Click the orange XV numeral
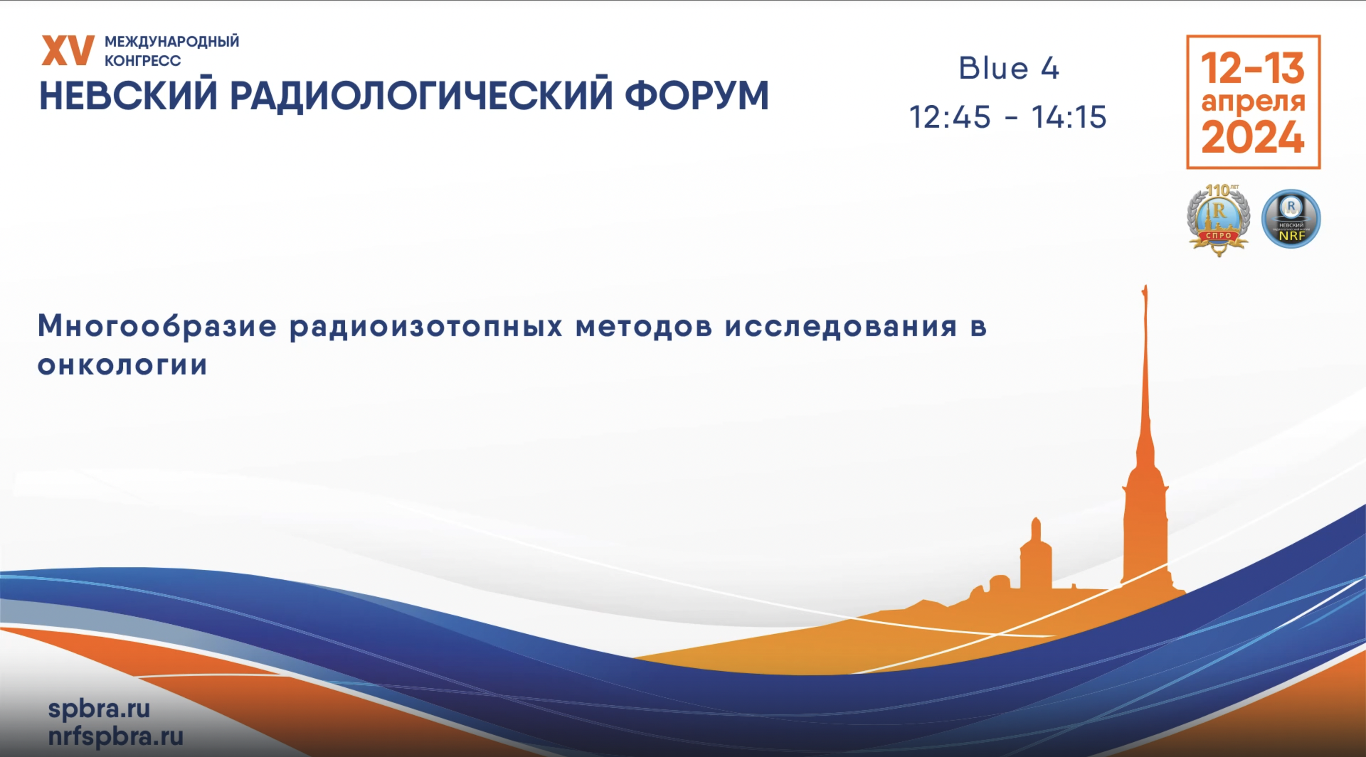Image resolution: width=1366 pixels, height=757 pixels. [x=68, y=51]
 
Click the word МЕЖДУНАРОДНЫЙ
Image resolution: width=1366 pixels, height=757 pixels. [x=172, y=41]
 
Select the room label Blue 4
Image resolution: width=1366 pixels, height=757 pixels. [x=1008, y=68]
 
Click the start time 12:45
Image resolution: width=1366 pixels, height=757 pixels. [x=950, y=117]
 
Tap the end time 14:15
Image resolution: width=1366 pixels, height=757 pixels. [x=1069, y=117]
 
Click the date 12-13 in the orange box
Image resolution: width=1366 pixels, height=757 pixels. [x=1253, y=68]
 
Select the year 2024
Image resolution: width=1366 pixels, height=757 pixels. [x=1253, y=137]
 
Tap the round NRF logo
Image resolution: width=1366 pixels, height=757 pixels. [x=1291, y=219]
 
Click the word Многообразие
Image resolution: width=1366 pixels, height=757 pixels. [x=157, y=326]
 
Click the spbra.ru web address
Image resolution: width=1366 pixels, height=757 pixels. [x=99, y=708]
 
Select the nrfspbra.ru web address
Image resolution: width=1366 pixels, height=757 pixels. [x=116, y=736]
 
